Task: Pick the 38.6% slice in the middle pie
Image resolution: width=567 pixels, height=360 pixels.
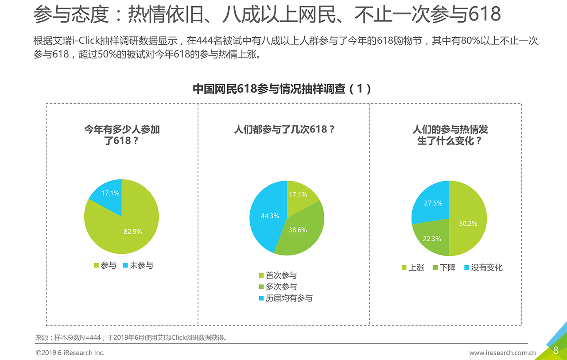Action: [x=299, y=230]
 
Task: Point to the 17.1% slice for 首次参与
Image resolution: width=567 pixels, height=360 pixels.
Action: [x=299, y=195]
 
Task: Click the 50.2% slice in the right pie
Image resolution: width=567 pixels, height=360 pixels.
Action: [x=467, y=221]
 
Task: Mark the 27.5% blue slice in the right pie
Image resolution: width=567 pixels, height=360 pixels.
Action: [x=432, y=204]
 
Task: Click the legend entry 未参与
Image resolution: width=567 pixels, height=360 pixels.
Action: [x=139, y=266]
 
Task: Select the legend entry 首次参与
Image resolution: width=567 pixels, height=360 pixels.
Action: [x=278, y=275]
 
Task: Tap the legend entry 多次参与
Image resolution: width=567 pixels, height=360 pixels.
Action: [x=278, y=287]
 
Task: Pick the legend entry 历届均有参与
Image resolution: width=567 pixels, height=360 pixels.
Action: [x=286, y=298]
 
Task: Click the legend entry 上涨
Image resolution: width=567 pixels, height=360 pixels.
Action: [x=413, y=267]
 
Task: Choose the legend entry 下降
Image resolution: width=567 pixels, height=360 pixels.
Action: [x=444, y=267]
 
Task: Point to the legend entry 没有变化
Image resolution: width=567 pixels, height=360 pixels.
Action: [x=483, y=267]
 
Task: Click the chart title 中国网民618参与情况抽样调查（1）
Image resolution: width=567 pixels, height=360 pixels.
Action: [x=282, y=89]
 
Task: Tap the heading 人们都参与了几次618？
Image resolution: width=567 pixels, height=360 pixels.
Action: [x=284, y=130]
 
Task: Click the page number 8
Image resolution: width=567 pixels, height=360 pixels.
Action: [x=555, y=351]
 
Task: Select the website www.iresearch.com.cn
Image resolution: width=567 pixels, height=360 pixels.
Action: [x=502, y=353]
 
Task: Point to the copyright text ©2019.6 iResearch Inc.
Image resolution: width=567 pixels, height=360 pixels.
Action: [x=70, y=353]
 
